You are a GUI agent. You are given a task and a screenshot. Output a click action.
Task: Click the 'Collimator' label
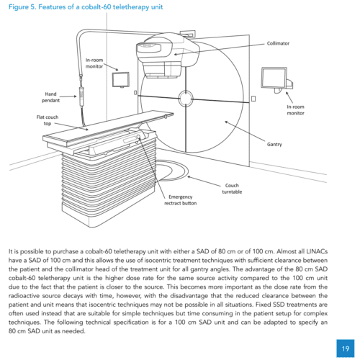click(x=278, y=43)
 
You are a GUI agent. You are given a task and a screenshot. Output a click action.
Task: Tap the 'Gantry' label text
click(x=274, y=145)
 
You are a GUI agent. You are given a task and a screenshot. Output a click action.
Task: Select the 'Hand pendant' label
click(x=50, y=97)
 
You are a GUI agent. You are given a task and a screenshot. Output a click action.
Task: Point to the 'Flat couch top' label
click(x=48, y=120)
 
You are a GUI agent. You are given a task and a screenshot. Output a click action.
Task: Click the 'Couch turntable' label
click(x=232, y=189)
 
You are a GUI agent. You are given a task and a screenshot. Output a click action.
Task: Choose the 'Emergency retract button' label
click(x=181, y=200)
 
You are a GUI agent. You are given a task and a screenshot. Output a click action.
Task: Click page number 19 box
click(x=346, y=348)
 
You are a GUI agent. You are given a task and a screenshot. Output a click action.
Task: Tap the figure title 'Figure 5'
click(x=22, y=7)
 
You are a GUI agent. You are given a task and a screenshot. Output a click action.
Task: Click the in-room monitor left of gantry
click(x=121, y=80)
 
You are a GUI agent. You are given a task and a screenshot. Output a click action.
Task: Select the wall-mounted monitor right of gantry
click(x=276, y=79)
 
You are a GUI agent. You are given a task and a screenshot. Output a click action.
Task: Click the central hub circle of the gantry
click(x=186, y=99)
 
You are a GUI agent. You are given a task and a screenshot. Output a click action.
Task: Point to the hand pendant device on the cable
click(x=82, y=96)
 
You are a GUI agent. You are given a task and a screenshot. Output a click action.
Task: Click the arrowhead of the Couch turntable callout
click(x=189, y=177)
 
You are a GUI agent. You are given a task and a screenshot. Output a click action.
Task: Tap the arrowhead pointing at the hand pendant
click(x=75, y=96)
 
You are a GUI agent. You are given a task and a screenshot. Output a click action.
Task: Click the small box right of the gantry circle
click(x=253, y=99)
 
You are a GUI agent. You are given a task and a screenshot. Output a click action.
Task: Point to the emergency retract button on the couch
click(x=138, y=137)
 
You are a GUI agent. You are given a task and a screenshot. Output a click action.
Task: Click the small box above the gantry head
click(x=187, y=34)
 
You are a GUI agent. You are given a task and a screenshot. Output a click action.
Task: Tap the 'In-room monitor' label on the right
click(x=295, y=110)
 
